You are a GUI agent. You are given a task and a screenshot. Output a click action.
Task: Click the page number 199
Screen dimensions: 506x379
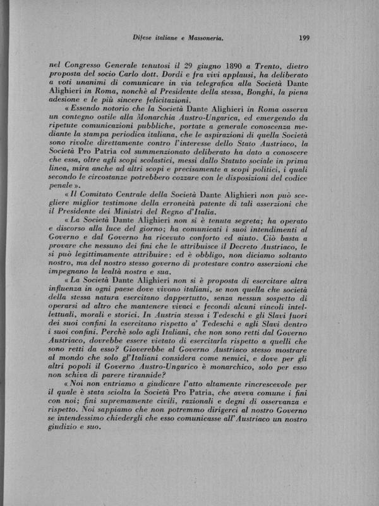tap(303, 39)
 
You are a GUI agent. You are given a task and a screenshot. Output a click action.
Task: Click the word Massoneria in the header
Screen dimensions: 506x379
tap(203, 39)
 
